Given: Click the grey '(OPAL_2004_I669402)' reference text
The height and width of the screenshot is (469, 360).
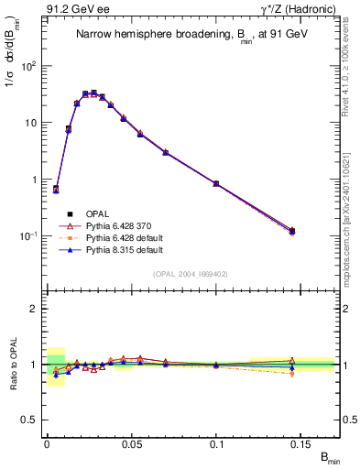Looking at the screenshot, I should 192,272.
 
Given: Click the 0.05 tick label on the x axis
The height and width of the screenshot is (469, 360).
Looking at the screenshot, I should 132,442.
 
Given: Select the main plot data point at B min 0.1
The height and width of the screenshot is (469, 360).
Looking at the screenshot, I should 216,184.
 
